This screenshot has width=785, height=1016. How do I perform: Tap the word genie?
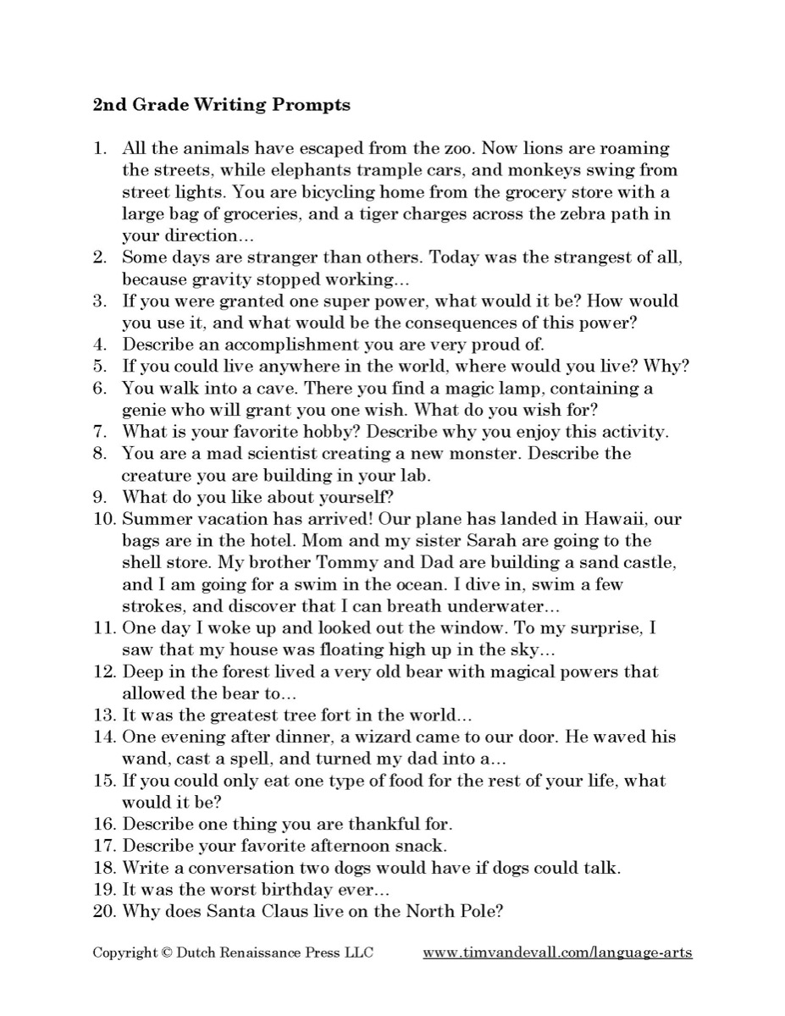(144, 410)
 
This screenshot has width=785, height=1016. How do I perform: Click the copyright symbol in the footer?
(163, 952)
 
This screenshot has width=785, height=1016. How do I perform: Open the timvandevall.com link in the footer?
(557, 952)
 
